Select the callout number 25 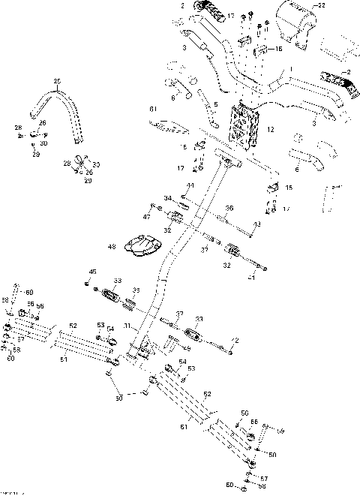pos(56,80)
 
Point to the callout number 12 pos(270,130)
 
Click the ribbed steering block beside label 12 pos(246,125)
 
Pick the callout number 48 pos(112,247)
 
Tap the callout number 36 pos(229,208)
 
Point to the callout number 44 pos(190,185)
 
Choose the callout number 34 pos(169,198)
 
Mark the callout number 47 pos(146,216)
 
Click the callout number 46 pos(93,272)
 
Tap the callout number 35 pos(136,290)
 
